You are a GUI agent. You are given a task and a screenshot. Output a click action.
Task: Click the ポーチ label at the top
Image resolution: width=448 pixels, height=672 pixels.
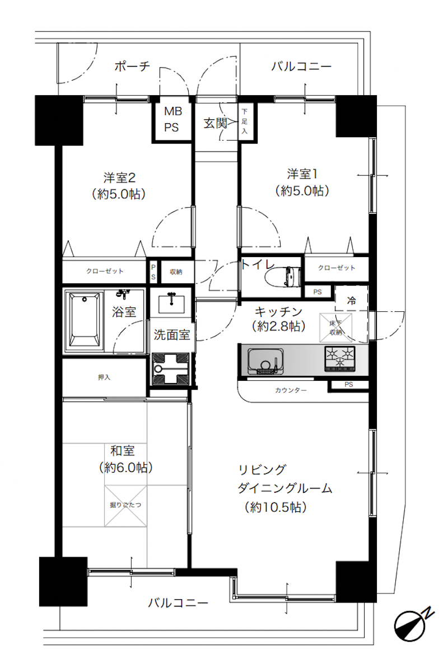(x=132, y=67)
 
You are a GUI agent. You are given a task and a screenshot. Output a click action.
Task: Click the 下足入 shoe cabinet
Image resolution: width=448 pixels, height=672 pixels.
(x=244, y=122)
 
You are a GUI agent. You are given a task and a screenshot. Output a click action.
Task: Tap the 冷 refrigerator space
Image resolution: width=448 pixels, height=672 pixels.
(x=352, y=300)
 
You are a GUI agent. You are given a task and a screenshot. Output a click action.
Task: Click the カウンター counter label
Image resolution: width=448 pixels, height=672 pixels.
(x=291, y=390)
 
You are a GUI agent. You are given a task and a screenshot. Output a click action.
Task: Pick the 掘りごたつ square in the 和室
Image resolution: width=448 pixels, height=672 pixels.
(x=125, y=505)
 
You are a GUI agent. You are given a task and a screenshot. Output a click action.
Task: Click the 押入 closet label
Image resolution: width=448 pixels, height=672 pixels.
(x=104, y=377)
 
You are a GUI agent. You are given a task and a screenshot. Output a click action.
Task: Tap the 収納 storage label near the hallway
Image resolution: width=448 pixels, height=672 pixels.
(x=176, y=272)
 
